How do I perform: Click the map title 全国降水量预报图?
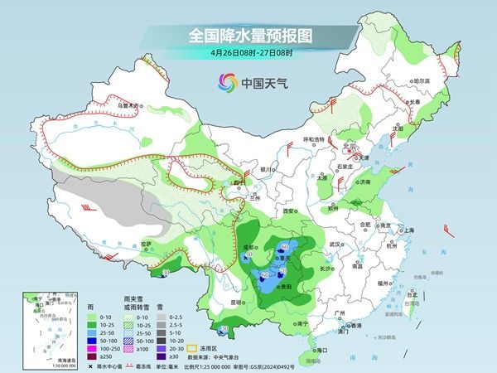(x=248, y=36)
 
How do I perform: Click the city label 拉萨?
(x=146, y=244)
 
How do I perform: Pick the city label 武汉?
(x=335, y=245)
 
